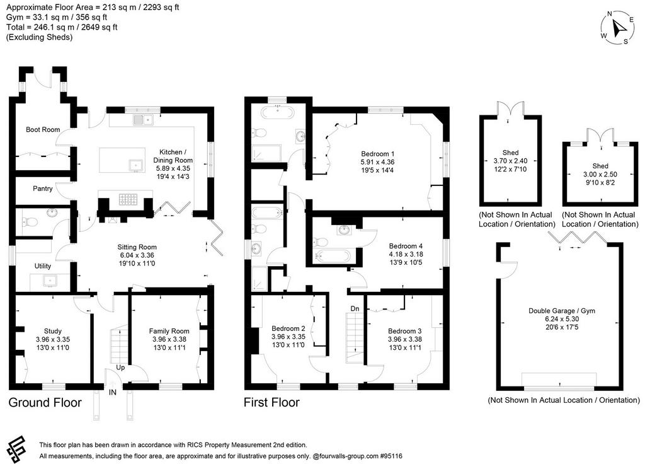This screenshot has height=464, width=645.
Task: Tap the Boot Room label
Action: tap(43, 129)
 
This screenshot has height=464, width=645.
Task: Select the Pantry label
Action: tap(43, 188)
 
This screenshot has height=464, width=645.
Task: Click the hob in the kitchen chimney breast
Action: tap(128, 199)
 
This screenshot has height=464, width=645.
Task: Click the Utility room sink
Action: tap(50, 281)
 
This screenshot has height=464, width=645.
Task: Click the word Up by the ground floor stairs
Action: tap(120, 368)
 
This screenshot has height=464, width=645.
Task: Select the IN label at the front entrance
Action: tap(112, 392)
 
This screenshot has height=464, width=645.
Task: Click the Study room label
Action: tap(53, 331)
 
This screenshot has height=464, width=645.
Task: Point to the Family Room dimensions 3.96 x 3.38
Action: tap(169, 339)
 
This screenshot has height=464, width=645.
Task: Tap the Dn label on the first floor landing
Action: tap(355, 308)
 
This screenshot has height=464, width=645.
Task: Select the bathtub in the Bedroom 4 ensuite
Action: tap(332, 256)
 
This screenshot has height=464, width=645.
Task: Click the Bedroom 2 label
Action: tap(288, 328)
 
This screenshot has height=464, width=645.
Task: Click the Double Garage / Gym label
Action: tap(561, 311)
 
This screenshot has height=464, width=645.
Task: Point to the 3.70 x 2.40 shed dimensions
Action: tap(510, 161)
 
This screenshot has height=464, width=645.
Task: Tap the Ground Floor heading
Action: tap(45, 402)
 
